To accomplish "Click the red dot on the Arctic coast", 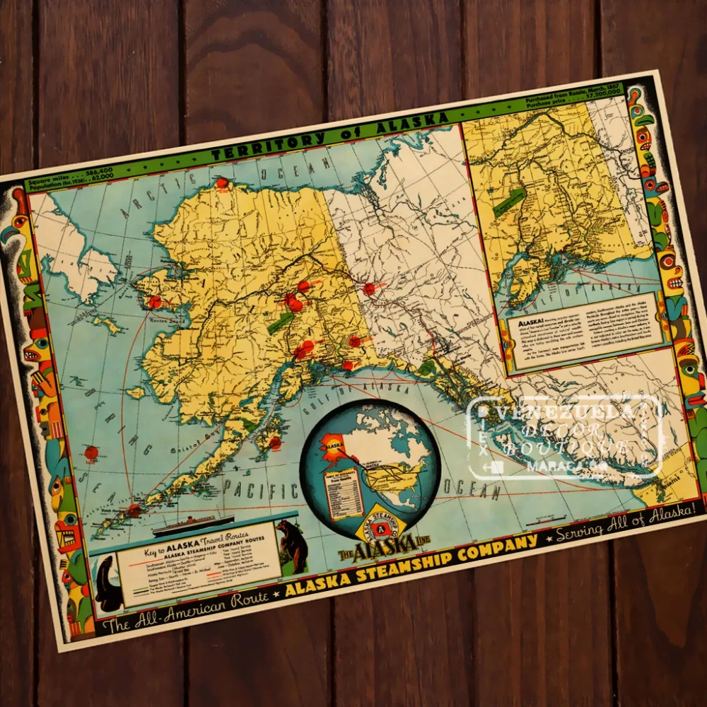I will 222,182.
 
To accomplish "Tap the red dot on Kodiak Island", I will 274,443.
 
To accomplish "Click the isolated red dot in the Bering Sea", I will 91,452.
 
